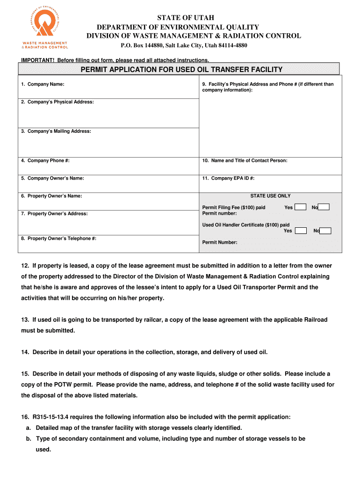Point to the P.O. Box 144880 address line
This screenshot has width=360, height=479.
pyautogui.click(x=184, y=45)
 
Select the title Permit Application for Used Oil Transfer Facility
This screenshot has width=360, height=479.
pyautogui.click(x=181, y=70)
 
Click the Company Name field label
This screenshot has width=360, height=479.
pyautogui.click(x=43, y=84)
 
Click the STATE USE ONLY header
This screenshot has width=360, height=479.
pyautogui.click(x=270, y=196)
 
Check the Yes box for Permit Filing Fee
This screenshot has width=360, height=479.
pyautogui.click(x=301, y=207)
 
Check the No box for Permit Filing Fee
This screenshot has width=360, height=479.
pyautogui.click(x=324, y=207)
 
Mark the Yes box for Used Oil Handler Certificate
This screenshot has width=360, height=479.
pyautogui.click(x=301, y=231)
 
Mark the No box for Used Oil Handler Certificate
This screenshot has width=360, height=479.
pyautogui.click(x=325, y=231)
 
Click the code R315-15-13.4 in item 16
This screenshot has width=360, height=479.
pyautogui.click(x=51, y=416)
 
